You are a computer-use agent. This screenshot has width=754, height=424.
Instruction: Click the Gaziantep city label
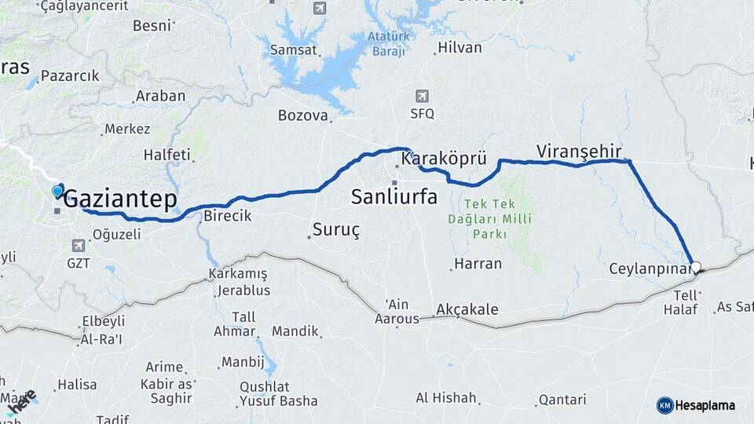pyautogui.click(x=119, y=199)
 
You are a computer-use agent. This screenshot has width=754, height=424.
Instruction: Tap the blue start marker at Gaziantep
pyautogui.click(x=57, y=190)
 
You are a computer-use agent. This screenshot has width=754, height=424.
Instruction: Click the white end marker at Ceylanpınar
pyautogui.click(x=696, y=267)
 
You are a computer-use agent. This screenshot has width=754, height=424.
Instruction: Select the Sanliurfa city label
pyautogui.click(x=394, y=196)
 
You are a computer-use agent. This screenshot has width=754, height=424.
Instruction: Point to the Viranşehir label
pyautogui.click(x=579, y=151)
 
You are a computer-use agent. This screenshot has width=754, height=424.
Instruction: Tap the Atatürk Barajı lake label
pyautogui.click(x=388, y=44)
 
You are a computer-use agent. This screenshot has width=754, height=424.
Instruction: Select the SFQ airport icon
pyautogui.click(x=422, y=96)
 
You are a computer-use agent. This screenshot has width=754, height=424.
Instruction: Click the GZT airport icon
pyautogui.click(x=79, y=246)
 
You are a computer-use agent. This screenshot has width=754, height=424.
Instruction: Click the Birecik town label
pyautogui.click(x=227, y=216)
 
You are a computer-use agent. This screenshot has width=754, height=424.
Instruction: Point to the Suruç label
pyautogui.click(x=335, y=230)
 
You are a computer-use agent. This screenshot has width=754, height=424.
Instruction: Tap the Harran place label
pyautogui.click(x=478, y=264)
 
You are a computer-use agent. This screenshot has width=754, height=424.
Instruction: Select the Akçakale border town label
pyautogui.click(x=467, y=309)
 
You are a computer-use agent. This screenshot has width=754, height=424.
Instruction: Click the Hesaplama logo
pyautogui.click(x=696, y=405)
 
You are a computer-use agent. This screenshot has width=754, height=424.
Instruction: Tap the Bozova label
pyautogui.click(x=302, y=115)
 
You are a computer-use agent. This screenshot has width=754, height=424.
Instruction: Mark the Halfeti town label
pyautogui.click(x=167, y=155)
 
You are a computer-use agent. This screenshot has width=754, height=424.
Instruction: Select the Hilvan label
pyautogui.click(x=459, y=48)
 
